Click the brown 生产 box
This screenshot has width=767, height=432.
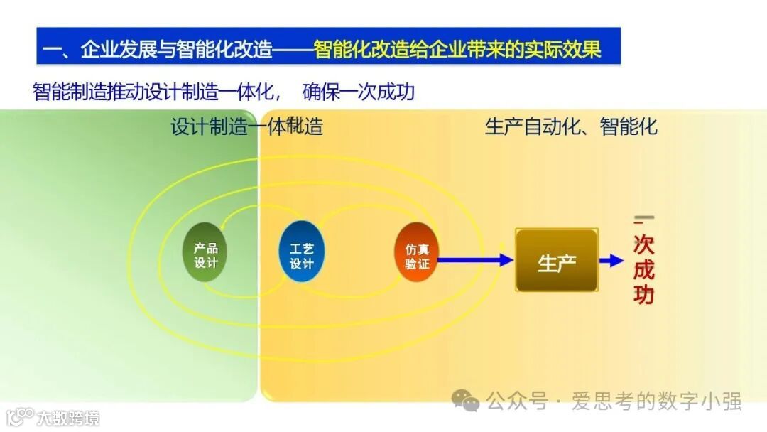coord(556,261)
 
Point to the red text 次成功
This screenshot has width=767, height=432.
coord(643,271)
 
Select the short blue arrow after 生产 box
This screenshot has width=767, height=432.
coord(611,261)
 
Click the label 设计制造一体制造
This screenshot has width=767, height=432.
coord(246,127)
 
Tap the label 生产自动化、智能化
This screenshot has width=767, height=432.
coord(571,127)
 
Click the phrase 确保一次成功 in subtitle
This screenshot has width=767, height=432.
coord(359,92)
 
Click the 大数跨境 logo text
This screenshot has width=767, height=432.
coord(69,417)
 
